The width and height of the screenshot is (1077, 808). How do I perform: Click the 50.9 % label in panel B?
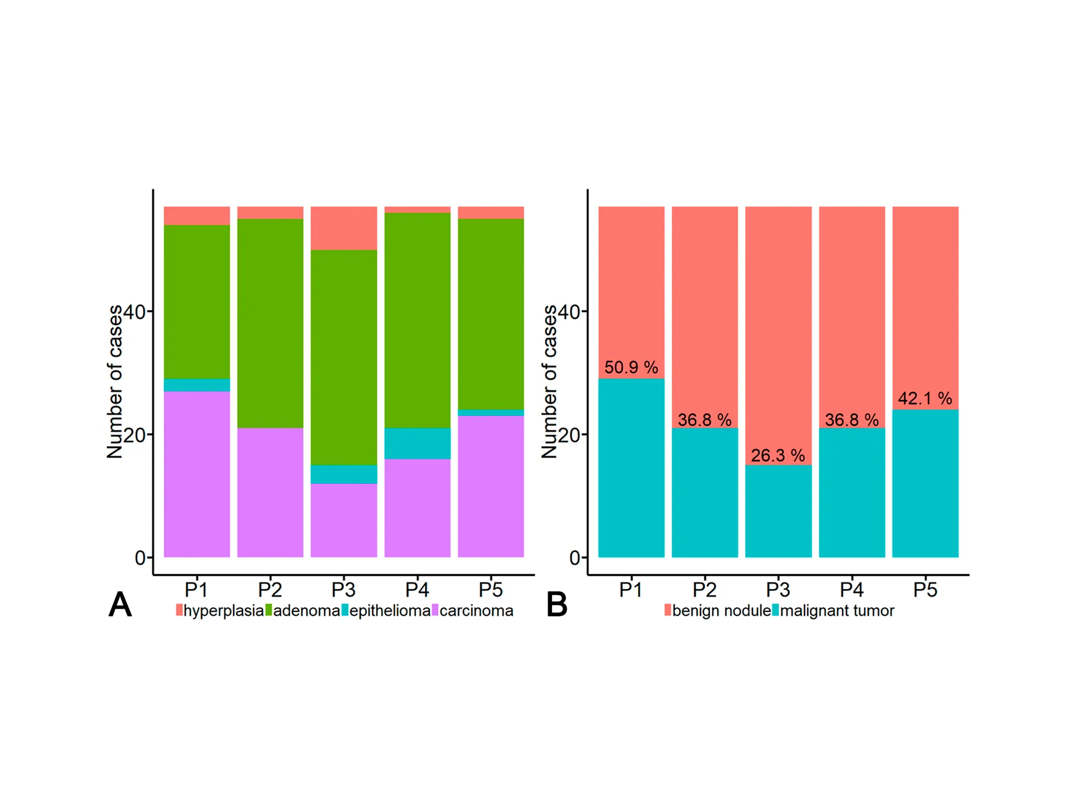coord(631,367)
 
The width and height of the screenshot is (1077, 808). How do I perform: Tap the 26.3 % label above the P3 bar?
coord(778,456)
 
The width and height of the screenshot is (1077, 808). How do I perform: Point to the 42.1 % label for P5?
coord(925,399)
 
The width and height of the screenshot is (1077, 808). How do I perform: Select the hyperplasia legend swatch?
coord(179,610)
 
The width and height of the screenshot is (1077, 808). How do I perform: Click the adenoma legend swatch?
coord(269,610)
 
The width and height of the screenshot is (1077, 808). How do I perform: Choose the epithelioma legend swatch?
coord(345,610)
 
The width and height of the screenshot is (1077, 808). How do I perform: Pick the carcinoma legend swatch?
coord(435,610)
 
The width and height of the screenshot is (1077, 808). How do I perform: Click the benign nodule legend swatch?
coord(668,610)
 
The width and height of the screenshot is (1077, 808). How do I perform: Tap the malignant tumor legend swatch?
coord(775,610)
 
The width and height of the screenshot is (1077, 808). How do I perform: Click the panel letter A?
coord(120,604)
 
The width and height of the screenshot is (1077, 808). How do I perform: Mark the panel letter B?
coord(557,604)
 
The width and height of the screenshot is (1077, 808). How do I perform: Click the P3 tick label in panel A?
coord(344,590)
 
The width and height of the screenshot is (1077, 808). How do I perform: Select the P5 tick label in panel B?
coord(925,590)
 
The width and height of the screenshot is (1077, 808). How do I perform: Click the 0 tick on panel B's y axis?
coord(575,558)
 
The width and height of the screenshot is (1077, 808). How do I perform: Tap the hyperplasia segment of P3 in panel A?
coord(344,228)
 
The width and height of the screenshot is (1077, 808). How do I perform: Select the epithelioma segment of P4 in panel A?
coord(417,443)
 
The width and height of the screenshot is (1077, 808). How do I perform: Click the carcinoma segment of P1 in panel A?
coord(197,474)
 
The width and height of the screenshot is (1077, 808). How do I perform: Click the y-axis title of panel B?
coord(549,381)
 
